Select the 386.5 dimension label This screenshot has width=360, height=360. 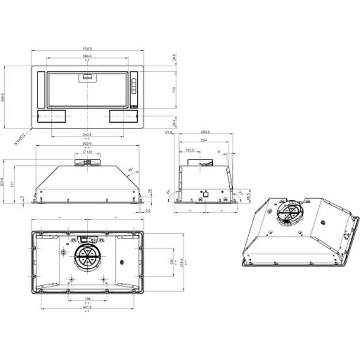[88, 56]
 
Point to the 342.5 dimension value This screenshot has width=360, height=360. [88, 134]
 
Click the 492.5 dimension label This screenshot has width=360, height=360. [88, 144]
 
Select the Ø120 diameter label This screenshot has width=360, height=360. [88, 152]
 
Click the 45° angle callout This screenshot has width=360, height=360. [131, 170]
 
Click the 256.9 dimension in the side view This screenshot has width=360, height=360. [206, 132]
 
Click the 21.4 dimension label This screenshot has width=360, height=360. [168, 132]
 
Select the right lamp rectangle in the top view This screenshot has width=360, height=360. [124, 116]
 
